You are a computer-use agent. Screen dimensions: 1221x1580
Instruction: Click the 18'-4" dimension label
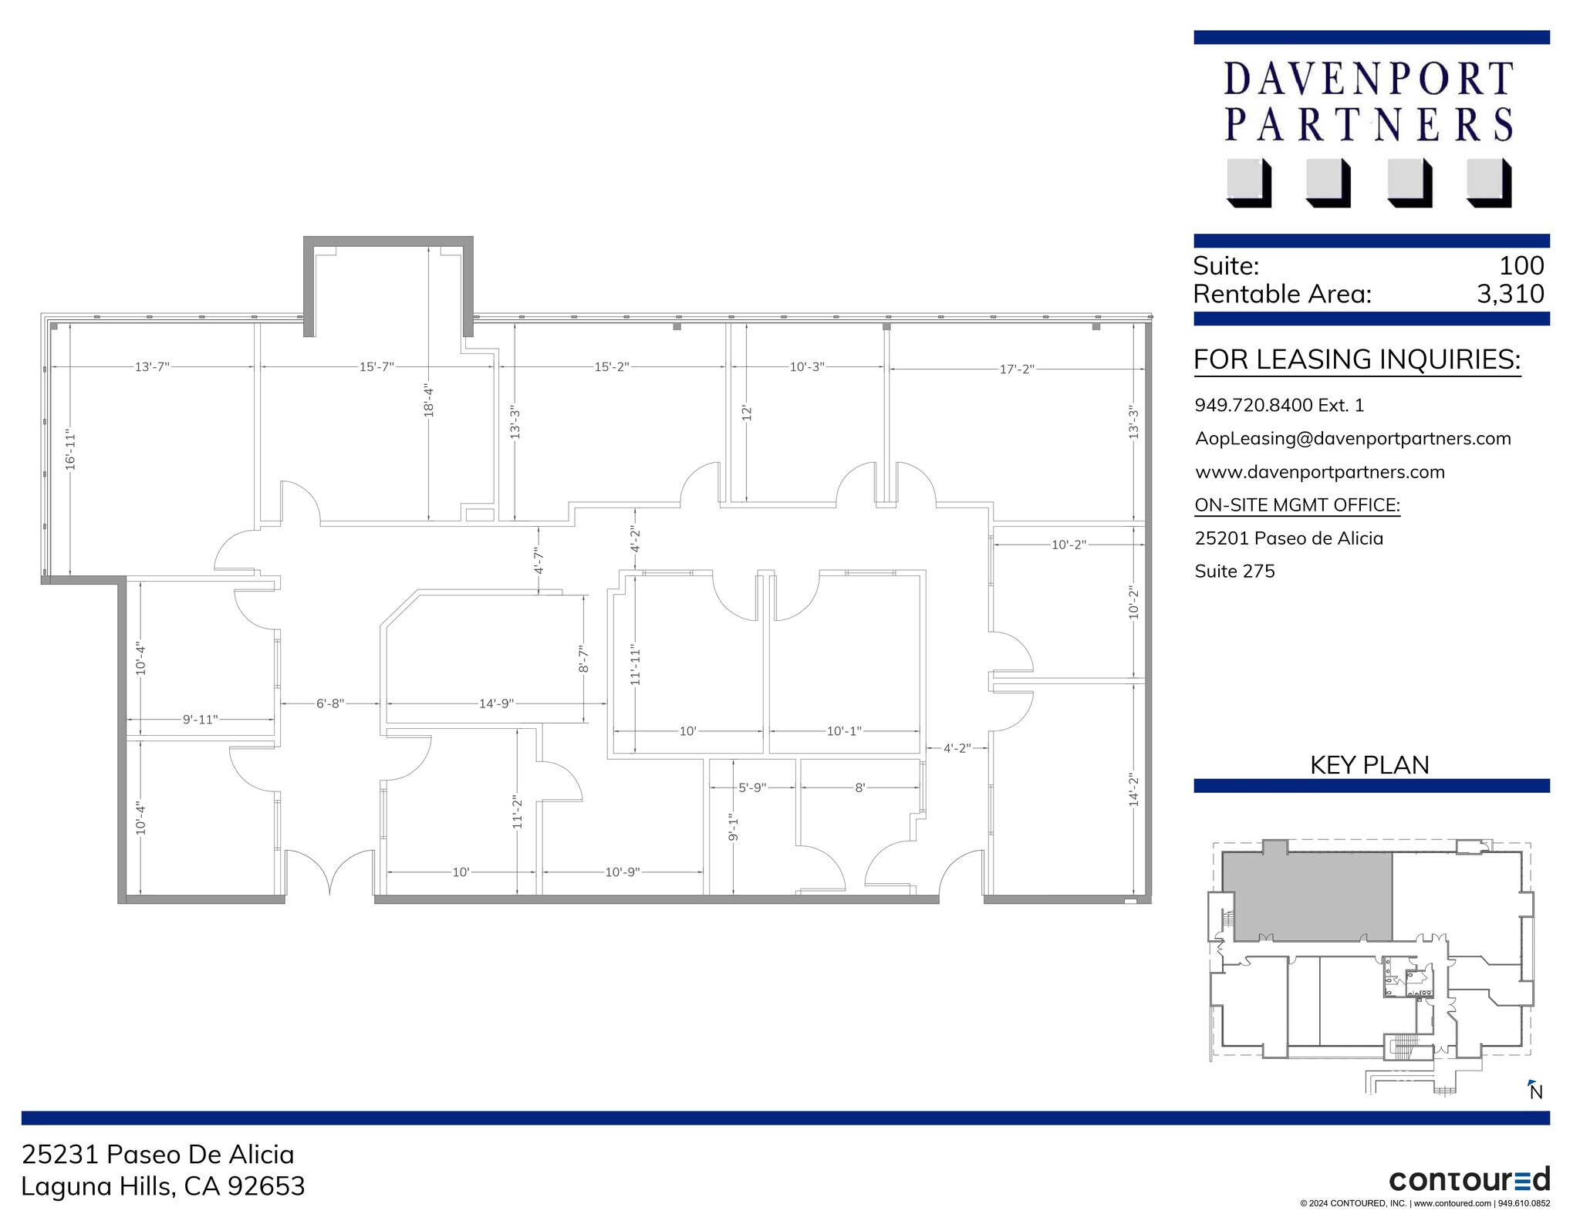[429, 402]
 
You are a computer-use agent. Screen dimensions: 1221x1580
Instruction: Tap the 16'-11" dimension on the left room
[70, 450]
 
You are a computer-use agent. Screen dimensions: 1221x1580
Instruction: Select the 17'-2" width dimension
[1016, 369]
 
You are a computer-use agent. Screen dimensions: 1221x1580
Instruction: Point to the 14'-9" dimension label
[496, 703]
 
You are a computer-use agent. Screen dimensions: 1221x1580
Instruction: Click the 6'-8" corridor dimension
[330, 703]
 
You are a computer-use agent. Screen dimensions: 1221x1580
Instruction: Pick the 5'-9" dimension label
[752, 788]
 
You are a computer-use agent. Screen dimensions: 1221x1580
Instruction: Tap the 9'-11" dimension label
[200, 720]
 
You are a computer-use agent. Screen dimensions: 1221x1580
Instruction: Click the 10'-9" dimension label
[623, 872]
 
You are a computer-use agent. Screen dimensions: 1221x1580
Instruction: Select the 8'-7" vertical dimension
[584, 659]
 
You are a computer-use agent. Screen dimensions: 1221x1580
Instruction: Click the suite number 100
[1521, 265]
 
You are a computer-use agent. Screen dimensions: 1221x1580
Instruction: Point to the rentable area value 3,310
[1510, 294]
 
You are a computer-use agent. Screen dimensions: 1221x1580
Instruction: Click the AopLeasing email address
[1352, 438]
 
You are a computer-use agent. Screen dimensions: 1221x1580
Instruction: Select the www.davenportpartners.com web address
[1319, 472]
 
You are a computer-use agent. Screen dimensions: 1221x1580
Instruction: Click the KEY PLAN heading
[1369, 764]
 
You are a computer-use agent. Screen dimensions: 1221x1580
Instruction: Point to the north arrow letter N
[1536, 1092]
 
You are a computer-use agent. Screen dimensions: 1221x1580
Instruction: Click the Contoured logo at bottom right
[1469, 1180]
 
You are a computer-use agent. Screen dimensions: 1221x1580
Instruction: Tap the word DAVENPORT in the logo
[1368, 79]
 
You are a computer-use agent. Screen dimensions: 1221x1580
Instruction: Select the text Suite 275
[1234, 571]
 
